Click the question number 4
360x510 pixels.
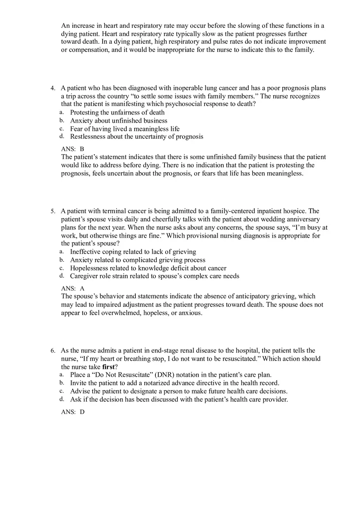(x=53, y=88)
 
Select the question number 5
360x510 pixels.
(x=53, y=211)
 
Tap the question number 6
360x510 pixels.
(x=53, y=351)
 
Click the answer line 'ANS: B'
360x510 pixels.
(x=72, y=149)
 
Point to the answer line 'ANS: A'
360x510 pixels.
(x=72, y=288)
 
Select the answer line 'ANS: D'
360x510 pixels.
(x=72, y=412)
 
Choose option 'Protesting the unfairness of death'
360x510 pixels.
(x=117, y=112)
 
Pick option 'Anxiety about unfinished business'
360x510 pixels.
(x=119, y=121)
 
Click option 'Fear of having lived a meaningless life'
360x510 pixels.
(x=125, y=129)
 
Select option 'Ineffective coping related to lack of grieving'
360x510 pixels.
(x=133, y=252)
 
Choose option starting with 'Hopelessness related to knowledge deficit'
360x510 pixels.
(x=148, y=268)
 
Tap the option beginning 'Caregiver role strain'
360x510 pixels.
(x=155, y=276)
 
